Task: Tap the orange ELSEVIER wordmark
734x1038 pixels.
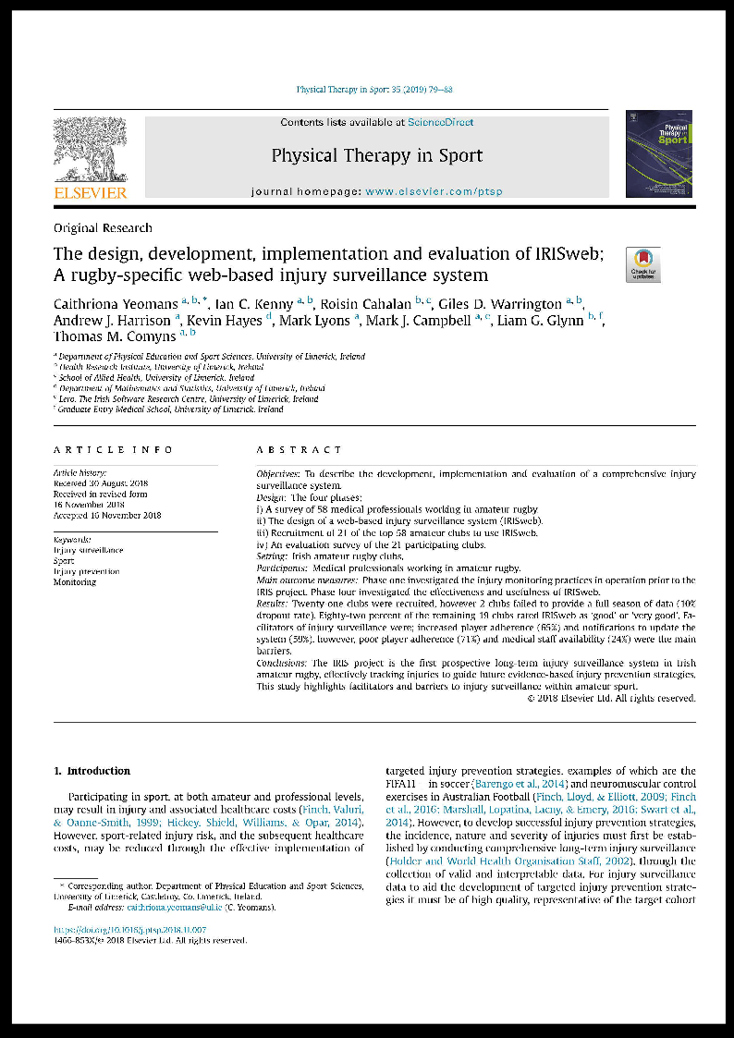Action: coord(90,193)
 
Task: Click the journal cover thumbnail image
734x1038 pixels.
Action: coord(658,153)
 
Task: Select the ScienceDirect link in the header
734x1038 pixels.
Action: coord(442,122)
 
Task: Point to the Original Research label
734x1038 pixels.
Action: coord(103,227)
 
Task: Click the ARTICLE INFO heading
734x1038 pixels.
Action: coord(113,449)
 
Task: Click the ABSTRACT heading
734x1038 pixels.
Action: coord(299,449)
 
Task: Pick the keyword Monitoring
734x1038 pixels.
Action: coord(74,582)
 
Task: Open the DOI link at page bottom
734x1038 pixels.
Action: coord(129,929)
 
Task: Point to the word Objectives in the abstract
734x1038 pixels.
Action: coord(277,473)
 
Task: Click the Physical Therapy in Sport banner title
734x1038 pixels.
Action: coord(376,154)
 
